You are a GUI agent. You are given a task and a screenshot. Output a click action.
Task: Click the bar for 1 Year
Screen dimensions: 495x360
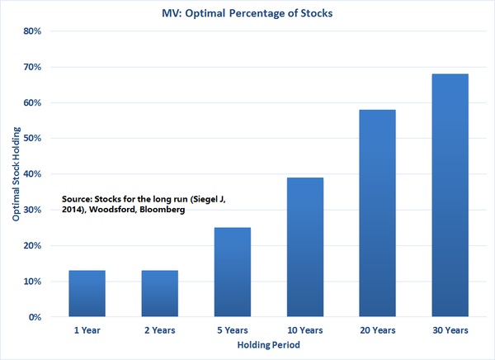tap(87, 293)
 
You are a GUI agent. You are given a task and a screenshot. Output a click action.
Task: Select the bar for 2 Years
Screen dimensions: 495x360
tap(160, 293)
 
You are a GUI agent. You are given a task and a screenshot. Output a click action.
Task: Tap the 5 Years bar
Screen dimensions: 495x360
tap(233, 272)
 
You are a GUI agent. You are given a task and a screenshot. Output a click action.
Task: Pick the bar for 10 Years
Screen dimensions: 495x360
tap(305, 247)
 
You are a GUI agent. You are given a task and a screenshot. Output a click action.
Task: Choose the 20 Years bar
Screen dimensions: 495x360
tap(378, 213)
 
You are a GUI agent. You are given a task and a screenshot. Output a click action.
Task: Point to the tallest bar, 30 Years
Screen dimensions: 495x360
tap(450, 195)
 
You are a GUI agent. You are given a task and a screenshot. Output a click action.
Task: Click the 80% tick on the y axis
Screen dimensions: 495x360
tap(32, 31)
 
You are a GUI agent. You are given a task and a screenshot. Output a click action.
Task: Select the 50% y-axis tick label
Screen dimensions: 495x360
tap(32, 138)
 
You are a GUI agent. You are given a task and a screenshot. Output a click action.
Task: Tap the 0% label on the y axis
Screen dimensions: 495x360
tap(35, 317)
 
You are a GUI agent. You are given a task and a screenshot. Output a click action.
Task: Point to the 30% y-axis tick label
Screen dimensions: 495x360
tap(32, 210)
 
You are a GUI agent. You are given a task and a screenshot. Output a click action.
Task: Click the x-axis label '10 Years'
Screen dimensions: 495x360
tap(305, 330)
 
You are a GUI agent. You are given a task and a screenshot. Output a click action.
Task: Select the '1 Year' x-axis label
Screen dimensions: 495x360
tap(87, 330)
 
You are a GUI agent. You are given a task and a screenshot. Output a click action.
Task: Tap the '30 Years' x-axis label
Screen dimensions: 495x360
tap(450, 330)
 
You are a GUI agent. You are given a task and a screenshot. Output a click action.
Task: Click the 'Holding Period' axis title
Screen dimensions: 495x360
tap(269, 344)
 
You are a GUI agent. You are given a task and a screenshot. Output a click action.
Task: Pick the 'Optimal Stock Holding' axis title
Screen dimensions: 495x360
tap(16, 174)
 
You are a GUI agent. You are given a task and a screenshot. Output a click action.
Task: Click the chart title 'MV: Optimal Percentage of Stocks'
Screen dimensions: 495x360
tap(247, 13)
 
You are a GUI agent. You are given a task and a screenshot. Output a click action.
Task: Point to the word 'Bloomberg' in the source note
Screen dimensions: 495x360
tap(163, 210)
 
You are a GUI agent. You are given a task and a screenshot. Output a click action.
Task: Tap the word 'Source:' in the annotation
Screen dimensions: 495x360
tap(77, 199)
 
